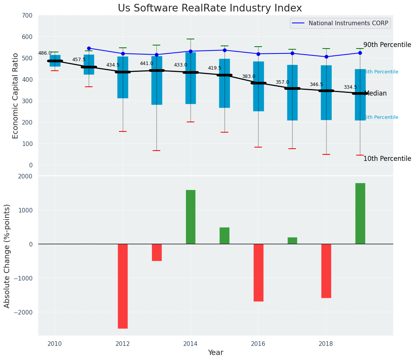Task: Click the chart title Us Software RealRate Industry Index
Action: [210, 8]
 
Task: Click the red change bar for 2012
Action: [123, 286]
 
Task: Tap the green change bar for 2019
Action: [360, 213]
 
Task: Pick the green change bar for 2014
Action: [190, 217]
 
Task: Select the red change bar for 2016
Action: [258, 272]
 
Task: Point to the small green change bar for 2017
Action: [292, 240]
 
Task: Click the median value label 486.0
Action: [45, 54]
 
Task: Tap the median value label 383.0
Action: [249, 76]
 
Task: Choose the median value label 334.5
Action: [350, 88]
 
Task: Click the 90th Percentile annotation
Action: [387, 45]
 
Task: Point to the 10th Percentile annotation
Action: [387, 159]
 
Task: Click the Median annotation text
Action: [376, 94]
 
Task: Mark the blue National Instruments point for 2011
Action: [89, 48]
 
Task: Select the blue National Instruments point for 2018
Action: [326, 57]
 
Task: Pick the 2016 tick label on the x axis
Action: [258, 344]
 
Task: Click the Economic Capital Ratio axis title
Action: [16, 96]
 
